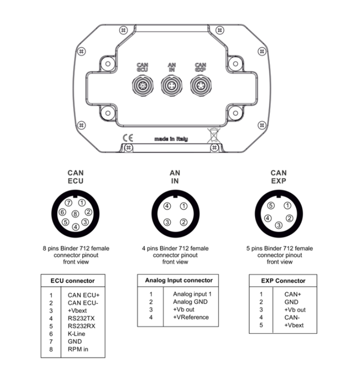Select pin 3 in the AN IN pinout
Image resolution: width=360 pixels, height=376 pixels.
click(167, 222)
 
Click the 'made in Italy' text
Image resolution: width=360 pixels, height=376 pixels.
click(171, 139)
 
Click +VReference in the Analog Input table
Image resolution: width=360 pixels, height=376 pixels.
click(191, 317)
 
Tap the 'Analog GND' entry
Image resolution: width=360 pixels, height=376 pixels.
click(190, 301)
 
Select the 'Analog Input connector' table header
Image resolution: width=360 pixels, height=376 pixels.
click(178, 280)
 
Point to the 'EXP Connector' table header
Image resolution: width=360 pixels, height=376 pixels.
click(283, 280)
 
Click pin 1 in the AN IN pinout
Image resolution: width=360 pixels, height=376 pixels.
click(184, 206)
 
